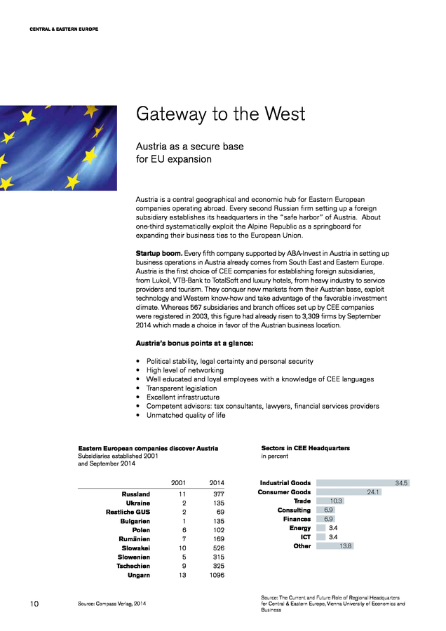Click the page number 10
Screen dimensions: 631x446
(x=34, y=603)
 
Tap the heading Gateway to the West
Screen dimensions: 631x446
(x=220, y=114)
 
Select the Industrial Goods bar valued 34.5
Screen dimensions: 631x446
(x=363, y=483)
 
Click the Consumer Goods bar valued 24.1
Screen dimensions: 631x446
(x=349, y=492)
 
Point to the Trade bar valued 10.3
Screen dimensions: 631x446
(x=330, y=501)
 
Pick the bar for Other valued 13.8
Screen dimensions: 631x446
(x=334, y=545)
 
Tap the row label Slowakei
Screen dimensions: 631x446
(x=135, y=548)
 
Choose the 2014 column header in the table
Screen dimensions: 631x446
(x=217, y=482)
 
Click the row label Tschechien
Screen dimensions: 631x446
(x=131, y=566)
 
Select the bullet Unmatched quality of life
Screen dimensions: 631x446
(x=185, y=415)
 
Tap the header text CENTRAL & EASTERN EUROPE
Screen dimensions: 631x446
(x=64, y=29)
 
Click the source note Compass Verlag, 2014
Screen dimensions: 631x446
(x=111, y=603)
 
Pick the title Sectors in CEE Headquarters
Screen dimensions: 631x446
(x=305, y=447)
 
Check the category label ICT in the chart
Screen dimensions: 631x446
(x=306, y=537)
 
